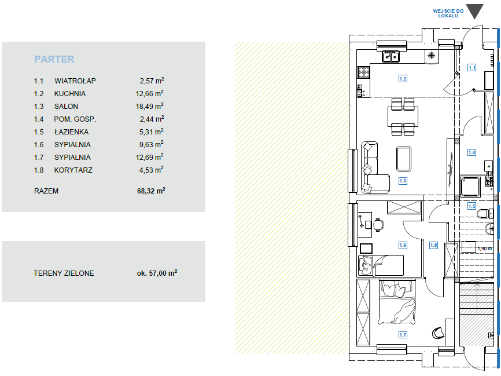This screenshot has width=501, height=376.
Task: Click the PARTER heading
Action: click(x=54, y=59)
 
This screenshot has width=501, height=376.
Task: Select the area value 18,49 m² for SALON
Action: click(x=149, y=106)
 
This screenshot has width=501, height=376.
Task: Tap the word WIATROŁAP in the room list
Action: click(x=75, y=81)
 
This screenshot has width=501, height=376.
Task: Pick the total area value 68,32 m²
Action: click(x=151, y=191)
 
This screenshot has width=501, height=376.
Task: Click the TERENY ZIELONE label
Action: click(x=64, y=273)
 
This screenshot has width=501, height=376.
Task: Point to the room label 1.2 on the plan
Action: click(x=403, y=78)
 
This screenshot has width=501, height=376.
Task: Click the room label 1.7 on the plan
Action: click(x=403, y=335)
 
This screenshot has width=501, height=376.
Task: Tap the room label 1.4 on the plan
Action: click(x=471, y=152)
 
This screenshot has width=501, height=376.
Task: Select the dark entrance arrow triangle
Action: click(x=474, y=12)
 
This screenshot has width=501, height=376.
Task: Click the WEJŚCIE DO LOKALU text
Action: click(x=448, y=13)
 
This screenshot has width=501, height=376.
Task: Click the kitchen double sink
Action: click(x=391, y=57)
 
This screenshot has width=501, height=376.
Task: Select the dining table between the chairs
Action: click(x=403, y=117)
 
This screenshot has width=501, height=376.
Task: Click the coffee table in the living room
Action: click(x=404, y=159)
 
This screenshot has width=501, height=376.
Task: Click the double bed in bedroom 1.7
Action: click(x=397, y=303)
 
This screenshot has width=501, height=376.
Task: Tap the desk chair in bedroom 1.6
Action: click(x=378, y=224)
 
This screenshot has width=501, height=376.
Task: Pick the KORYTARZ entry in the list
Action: click(x=73, y=170)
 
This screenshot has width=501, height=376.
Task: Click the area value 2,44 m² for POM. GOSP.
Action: click(x=152, y=119)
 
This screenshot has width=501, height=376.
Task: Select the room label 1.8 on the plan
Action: click(x=433, y=245)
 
